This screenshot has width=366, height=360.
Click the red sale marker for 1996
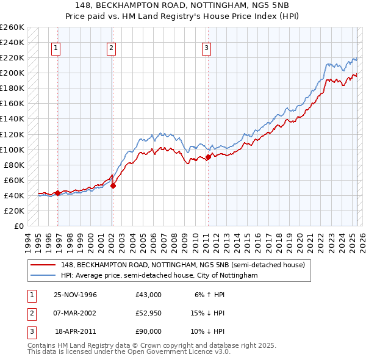click(57, 193)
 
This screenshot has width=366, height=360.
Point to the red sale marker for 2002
click(113, 185)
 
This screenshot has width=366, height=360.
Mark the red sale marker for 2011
click(208, 157)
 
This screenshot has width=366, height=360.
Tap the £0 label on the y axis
click(18, 226)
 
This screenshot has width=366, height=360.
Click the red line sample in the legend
click(43, 264)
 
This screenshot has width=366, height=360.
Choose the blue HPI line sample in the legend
click(43, 275)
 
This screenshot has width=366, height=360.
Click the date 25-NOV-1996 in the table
click(76, 295)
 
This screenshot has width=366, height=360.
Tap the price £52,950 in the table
click(149, 313)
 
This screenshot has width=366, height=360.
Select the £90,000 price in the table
click(149, 331)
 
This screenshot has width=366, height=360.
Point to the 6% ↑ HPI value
click(209, 295)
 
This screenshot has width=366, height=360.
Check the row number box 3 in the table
click(32, 331)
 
